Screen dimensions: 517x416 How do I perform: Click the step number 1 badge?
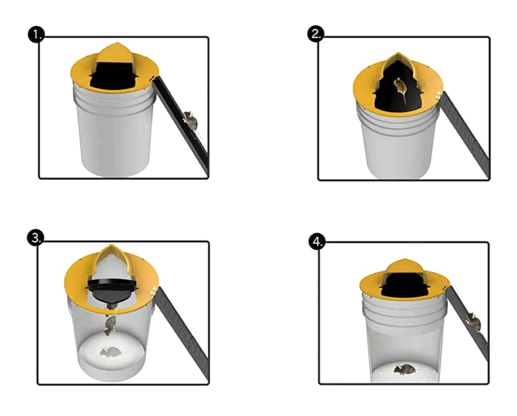click(36, 35)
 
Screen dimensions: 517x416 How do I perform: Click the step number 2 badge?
click(316, 35)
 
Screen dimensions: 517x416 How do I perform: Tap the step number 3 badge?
click(36, 239)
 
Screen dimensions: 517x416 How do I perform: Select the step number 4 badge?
click(317, 243)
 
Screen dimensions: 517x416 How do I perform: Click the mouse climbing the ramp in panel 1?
click(191, 121)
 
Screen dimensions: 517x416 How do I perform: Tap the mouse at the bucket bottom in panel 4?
click(405, 369)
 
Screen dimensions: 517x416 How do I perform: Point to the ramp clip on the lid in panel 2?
click(439, 95)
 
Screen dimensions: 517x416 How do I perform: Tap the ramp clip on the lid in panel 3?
click(154, 291)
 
